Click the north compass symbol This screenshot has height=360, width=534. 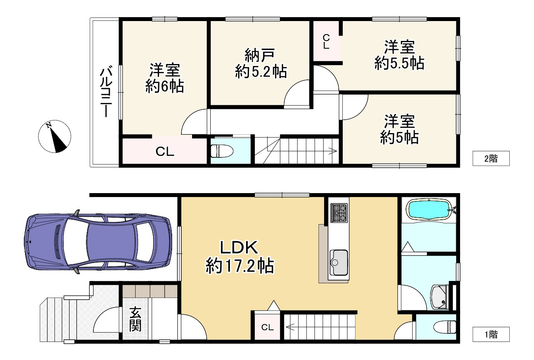click(x=55, y=136)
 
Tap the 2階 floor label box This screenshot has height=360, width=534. click(x=491, y=159)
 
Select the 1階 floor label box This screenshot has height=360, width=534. click(x=491, y=334)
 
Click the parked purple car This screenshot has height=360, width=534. click(x=99, y=242)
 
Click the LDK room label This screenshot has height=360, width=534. click(x=240, y=248)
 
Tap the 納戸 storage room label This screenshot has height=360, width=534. click(x=260, y=54)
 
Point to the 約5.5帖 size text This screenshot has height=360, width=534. click(x=399, y=63)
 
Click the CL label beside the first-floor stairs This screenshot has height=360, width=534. click(x=267, y=327)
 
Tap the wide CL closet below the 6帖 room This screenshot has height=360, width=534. click(x=165, y=151)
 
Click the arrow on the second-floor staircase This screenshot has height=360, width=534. click(x=332, y=151)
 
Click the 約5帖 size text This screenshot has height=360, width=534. click(x=399, y=137)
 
